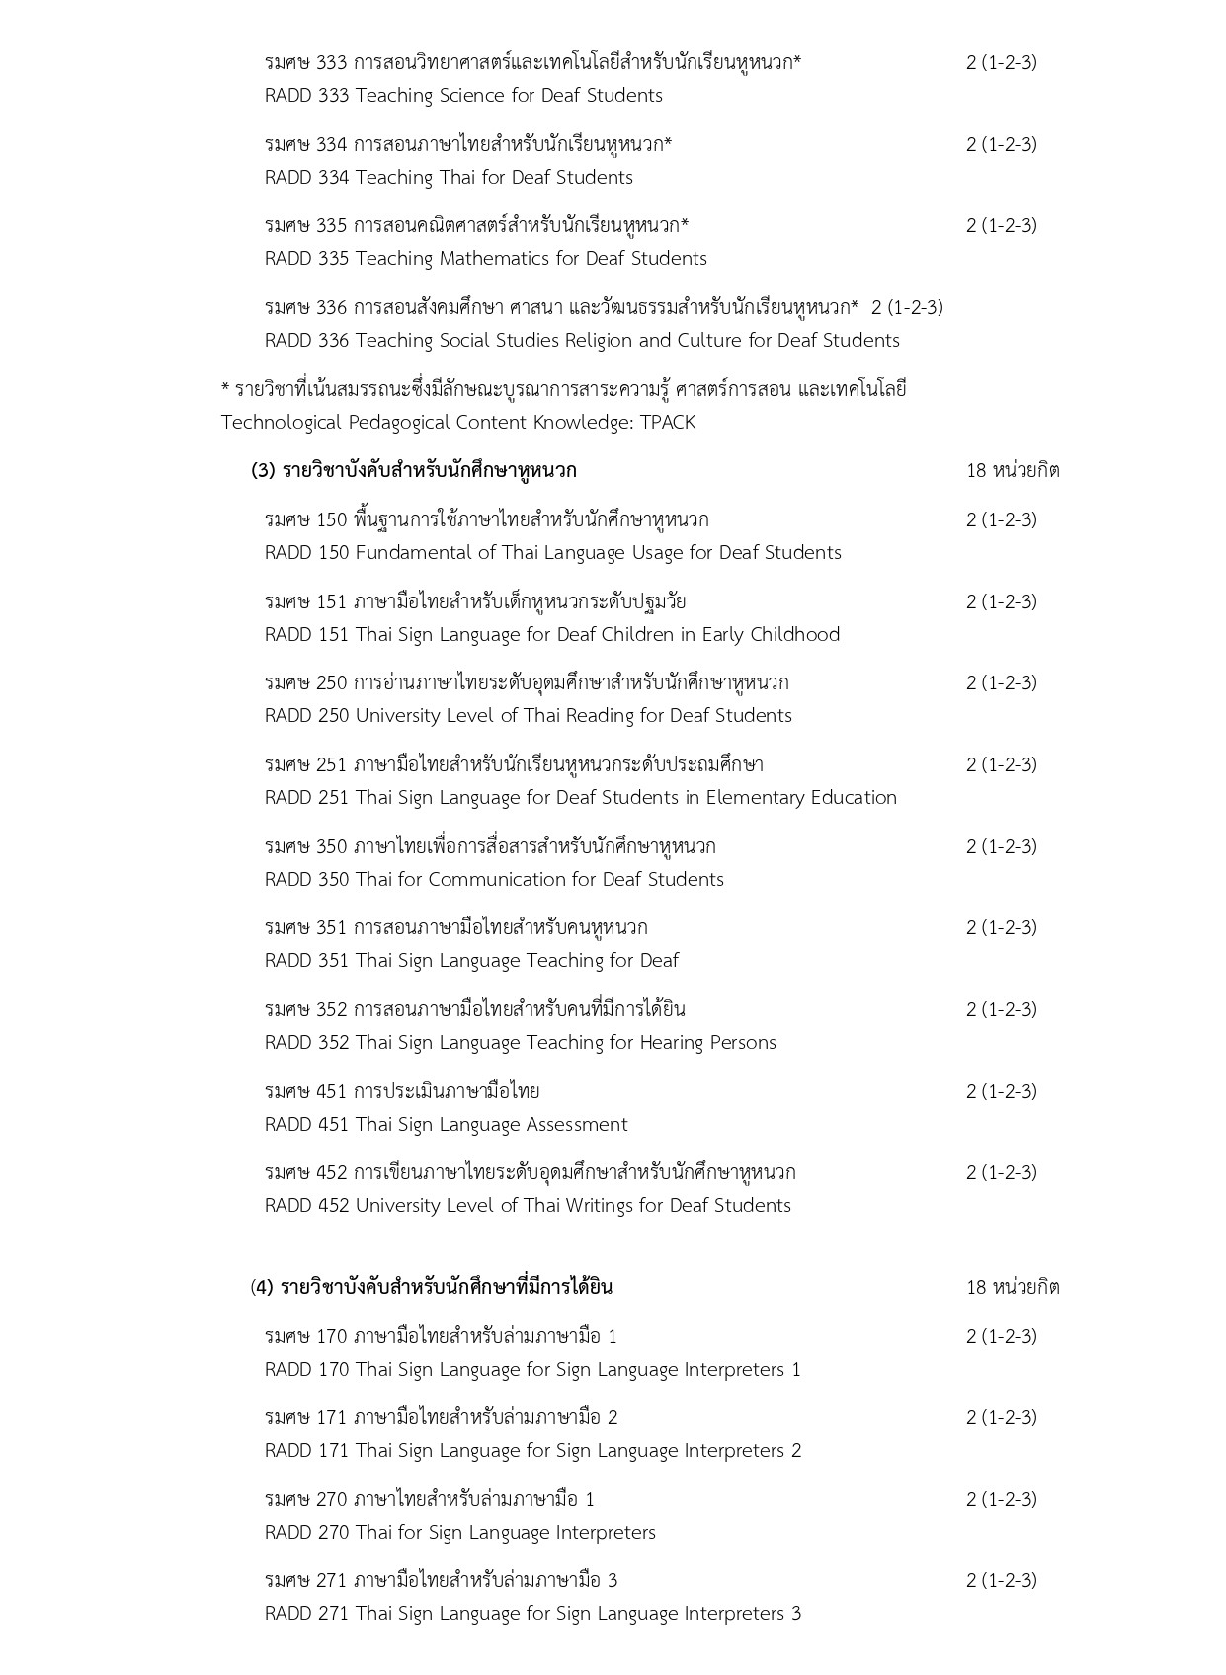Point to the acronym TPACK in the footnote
[x=667, y=423]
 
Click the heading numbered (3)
[x=414, y=470]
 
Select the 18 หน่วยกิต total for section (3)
[x=1013, y=470]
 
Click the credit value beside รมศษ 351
[x=1001, y=927]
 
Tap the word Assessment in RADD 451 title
[x=577, y=1125]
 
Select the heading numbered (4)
[x=432, y=1287]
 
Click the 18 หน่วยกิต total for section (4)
[x=1013, y=1287]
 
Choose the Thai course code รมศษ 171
[x=306, y=1418]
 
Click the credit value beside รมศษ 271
[x=1001, y=1581]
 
